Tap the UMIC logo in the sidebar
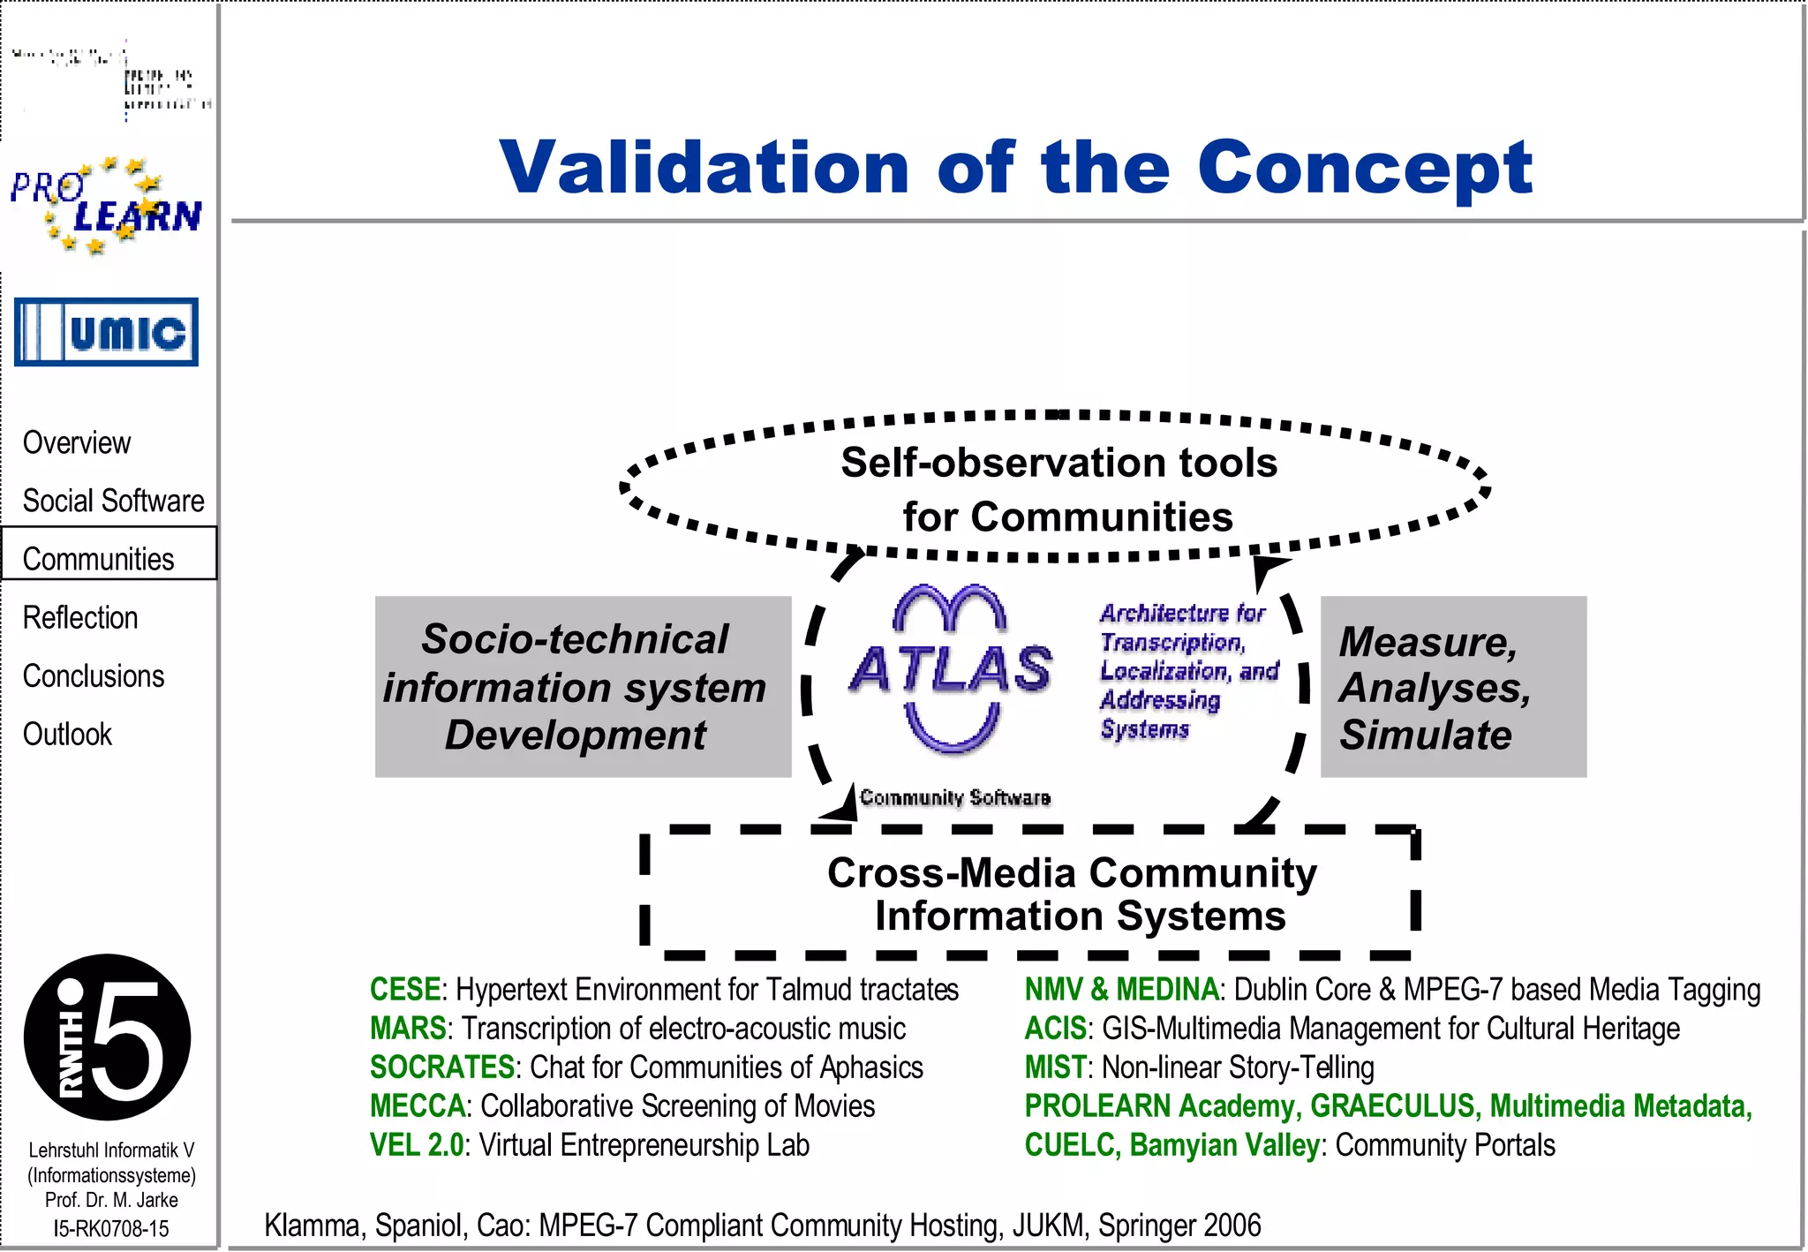click(106, 332)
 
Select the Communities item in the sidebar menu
click(98, 558)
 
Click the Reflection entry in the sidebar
click(80, 617)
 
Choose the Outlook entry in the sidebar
click(67, 734)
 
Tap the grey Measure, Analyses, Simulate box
click(1452, 686)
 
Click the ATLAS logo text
click(951, 668)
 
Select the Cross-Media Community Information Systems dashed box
click(1071, 894)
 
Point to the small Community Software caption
click(954, 797)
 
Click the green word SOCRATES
click(441, 1067)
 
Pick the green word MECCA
click(418, 1106)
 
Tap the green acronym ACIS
click(1055, 1029)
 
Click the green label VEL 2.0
click(417, 1145)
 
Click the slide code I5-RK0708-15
click(110, 1228)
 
